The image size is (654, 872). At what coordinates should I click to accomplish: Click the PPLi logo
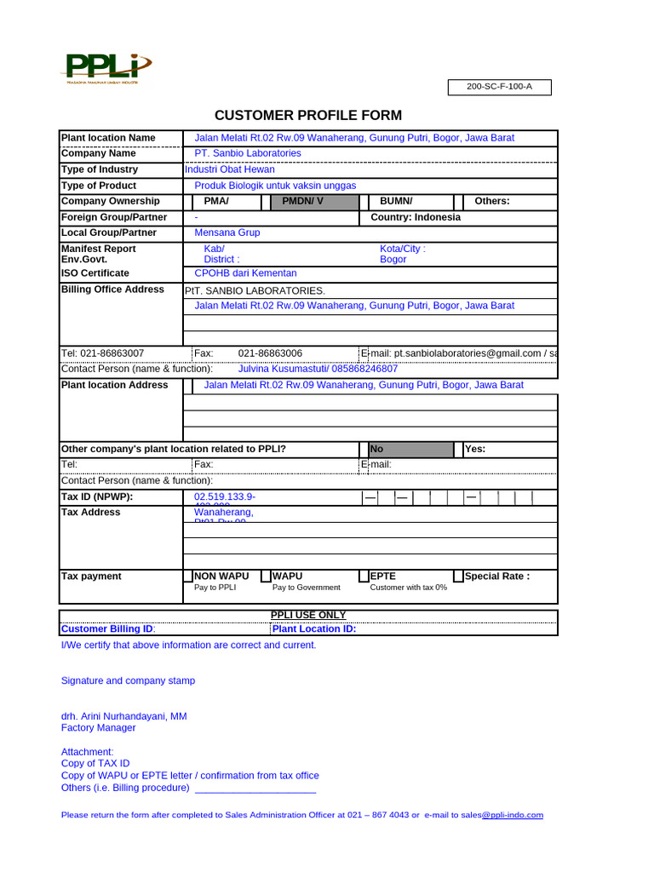pyautogui.click(x=107, y=67)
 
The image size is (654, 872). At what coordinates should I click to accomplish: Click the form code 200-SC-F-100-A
pyautogui.click(x=500, y=87)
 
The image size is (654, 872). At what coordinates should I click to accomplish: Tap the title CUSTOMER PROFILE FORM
pyautogui.click(x=307, y=116)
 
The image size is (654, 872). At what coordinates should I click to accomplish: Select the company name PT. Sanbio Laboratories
pyautogui.click(x=248, y=153)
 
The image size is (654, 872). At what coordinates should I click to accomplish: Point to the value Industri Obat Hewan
pyautogui.click(x=230, y=169)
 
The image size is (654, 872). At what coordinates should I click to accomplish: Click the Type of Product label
pyautogui.click(x=99, y=186)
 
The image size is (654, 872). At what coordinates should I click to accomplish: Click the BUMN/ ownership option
pyautogui.click(x=396, y=202)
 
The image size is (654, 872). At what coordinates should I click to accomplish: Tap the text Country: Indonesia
pyautogui.click(x=416, y=217)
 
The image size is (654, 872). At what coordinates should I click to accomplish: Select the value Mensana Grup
pyautogui.click(x=227, y=232)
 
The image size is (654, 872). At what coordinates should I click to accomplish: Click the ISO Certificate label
pyautogui.click(x=95, y=273)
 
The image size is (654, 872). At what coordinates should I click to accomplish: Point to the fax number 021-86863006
pyautogui.click(x=270, y=353)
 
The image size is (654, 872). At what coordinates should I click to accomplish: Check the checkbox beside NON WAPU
pyautogui.click(x=188, y=577)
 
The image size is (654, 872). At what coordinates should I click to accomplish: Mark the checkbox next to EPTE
pyautogui.click(x=364, y=577)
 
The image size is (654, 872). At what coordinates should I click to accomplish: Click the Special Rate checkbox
pyautogui.click(x=458, y=577)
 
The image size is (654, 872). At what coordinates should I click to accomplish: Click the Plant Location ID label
pyautogui.click(x=314, y=629)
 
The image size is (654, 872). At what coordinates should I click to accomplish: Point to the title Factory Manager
pyautogui.click(x=99, y=728)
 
